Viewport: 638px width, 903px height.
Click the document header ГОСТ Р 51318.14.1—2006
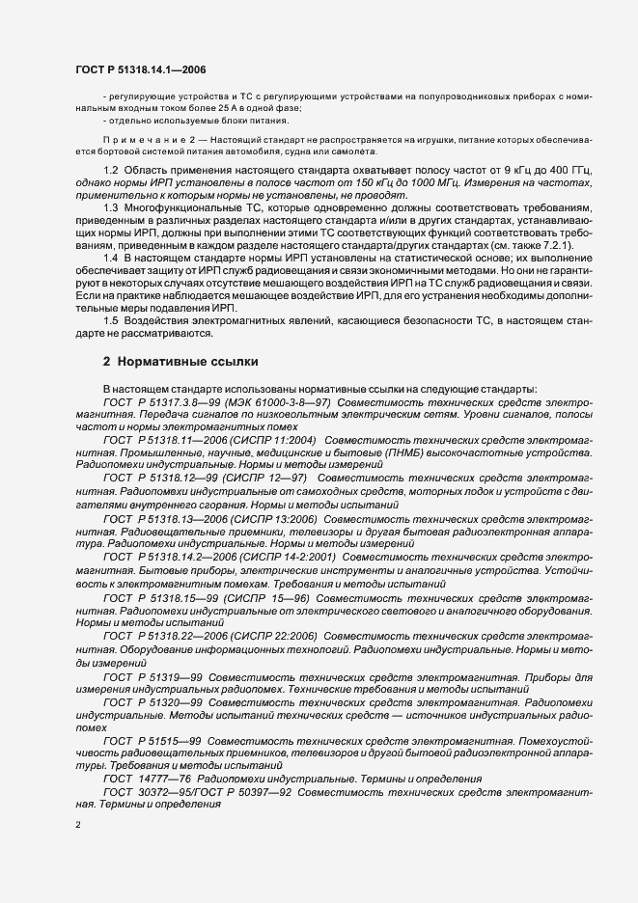click(140, 68)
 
